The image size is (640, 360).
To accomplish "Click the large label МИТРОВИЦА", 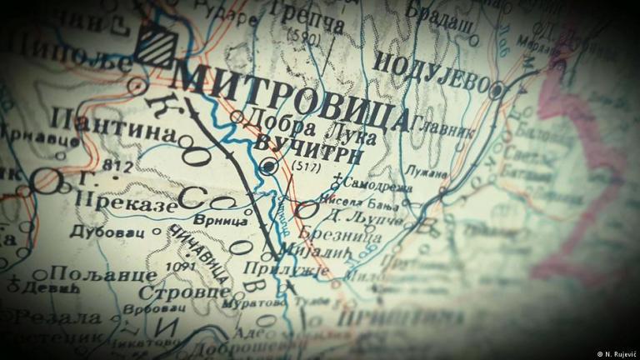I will click(x=292, y=97).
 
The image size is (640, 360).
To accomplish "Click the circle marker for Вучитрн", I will click(x=268, y=167).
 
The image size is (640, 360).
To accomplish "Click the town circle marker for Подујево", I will click(x=497, y=89).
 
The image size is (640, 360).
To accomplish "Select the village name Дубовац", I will click(x=103, y=231).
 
